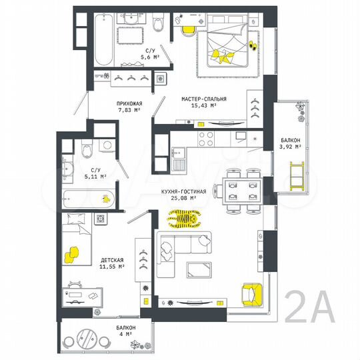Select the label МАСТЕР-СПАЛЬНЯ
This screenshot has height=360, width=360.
point(203,99)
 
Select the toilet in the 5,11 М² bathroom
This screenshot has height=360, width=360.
point(85,151)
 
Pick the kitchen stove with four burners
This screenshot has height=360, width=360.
point(207,139)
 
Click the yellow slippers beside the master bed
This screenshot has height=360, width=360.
point(252,46)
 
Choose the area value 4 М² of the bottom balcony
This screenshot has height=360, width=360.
point(125,335)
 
